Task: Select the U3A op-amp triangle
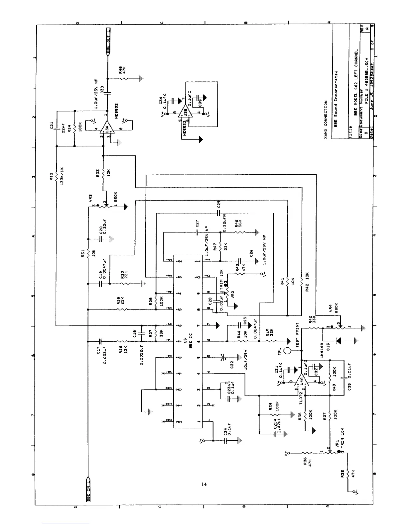click(x=108, y=128)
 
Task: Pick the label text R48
click(x=120, y=70)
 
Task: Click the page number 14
click(x=204, y=484)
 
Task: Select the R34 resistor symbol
click(x=75, y=128)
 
